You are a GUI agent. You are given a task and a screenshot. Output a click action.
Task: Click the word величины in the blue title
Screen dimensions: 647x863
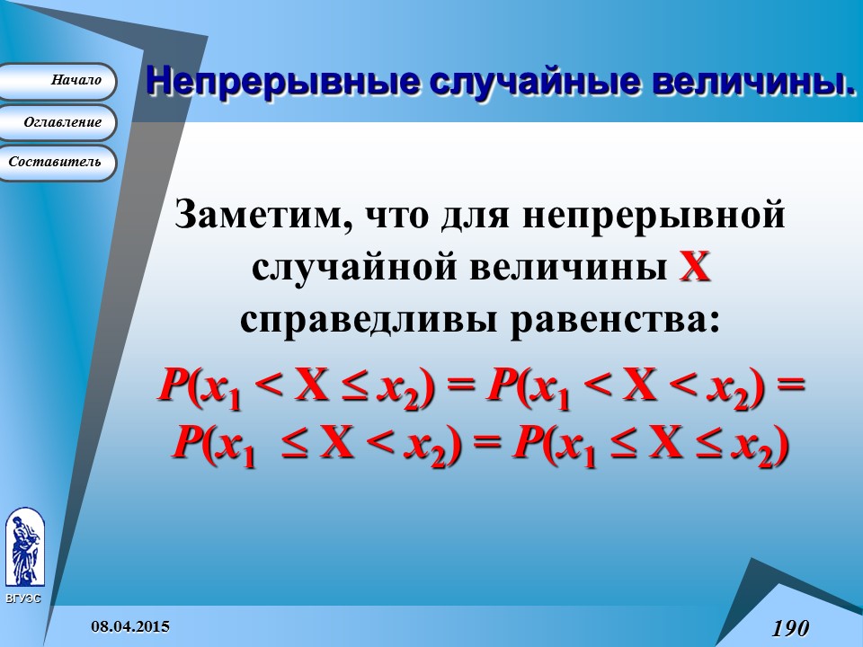tap(752, 82)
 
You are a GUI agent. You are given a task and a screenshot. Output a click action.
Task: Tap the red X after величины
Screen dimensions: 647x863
tap(694, 268)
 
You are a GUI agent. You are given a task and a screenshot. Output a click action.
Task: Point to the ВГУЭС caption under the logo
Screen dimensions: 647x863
tap(22, 598)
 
